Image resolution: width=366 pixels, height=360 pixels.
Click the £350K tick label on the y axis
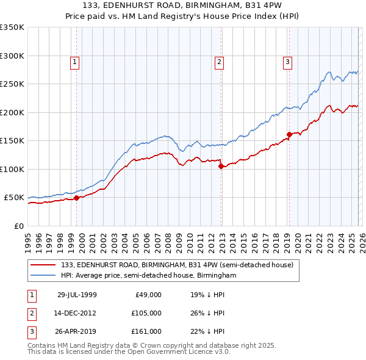pos(12,27)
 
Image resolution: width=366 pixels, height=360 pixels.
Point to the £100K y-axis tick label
pos(12,169)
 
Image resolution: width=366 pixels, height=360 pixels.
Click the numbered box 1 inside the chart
pos(74,61)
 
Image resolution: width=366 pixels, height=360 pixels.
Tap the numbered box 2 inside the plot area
pos(218,61)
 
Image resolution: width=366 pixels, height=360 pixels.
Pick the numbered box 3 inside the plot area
pos(287,61)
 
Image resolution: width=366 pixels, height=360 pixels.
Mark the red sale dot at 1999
pos(77,198)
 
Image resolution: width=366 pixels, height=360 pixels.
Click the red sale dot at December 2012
pos(221,166)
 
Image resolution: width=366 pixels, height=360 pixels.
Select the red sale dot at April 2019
pos(289,134)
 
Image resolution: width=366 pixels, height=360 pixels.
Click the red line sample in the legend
pos(44,265)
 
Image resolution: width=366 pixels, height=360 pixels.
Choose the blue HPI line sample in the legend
pos(44,275)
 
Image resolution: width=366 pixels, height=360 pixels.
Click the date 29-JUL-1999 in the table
pos(77,294)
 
